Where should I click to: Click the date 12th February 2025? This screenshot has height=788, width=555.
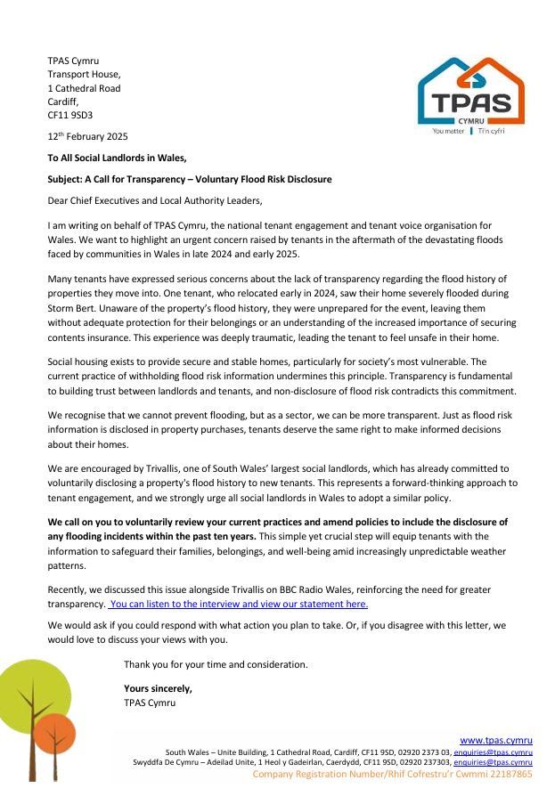click(87, 136)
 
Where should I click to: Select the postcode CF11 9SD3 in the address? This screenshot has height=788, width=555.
click(69, 115)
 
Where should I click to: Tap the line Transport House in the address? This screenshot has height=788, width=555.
click(84, 75)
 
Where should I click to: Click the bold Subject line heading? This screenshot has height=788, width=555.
click(189, 179)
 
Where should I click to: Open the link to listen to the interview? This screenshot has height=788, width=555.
click(238, 604)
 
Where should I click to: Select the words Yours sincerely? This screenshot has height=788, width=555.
click(158, 688)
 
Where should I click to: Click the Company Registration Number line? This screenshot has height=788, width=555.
click(392, 774)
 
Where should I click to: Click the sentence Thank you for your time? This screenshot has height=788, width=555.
click(216, 664)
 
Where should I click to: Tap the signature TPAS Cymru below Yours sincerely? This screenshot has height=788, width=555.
click(150, 703)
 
